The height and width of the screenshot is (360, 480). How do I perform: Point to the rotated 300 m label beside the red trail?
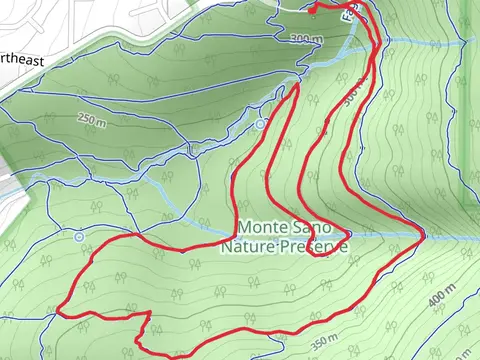(x=351, y=96)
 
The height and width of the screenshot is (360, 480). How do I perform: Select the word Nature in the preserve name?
(x=245, y=246)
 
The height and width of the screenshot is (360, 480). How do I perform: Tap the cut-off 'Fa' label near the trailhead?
(x=349, y=14)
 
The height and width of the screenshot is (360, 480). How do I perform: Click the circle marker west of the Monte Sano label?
(x=79, y=237)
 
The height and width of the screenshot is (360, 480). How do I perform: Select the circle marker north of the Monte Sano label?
(x=260, y=124)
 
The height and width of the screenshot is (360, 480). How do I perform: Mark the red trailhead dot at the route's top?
(x=313, y=7)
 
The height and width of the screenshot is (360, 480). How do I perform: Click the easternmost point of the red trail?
(x=423, y=235)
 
